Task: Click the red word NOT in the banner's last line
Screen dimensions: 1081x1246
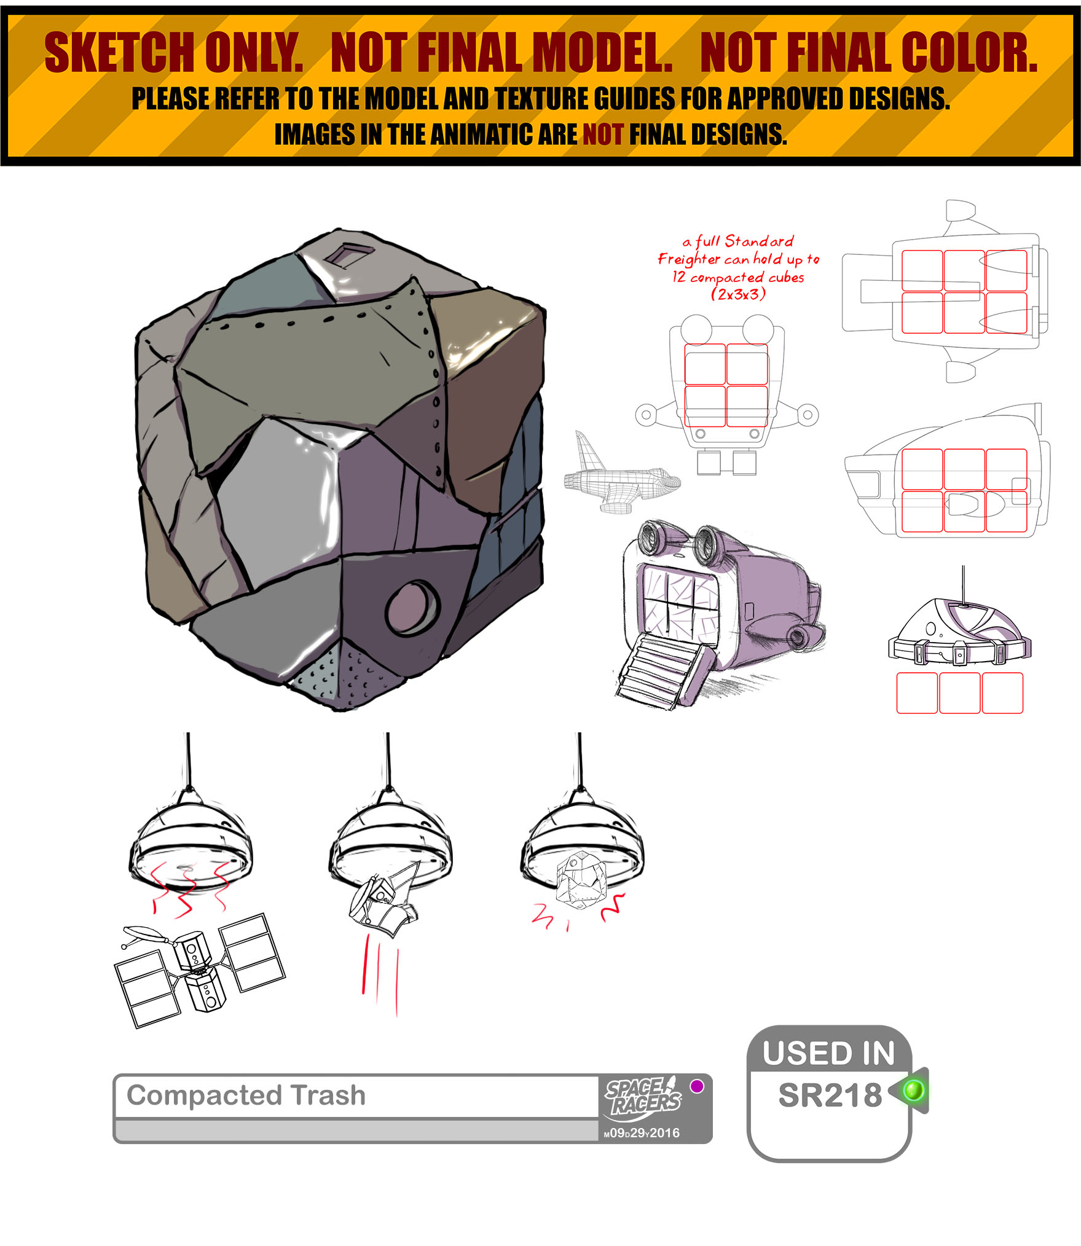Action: pyautogui.click(x=602, y=134)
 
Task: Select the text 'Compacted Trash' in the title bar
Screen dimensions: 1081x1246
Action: pyautogui.click(x=246, y=1094)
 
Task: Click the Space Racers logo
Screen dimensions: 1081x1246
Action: pyautogui.click(x=643, y=1098)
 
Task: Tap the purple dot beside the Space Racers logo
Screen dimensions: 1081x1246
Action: pyautogui.click(x=697, y=1086)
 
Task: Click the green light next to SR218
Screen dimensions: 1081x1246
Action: pyautogui.click(x=913, y=1091)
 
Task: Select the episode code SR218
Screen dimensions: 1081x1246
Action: pyautogui.click(x=830, y=1095)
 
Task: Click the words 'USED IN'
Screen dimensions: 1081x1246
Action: pyautogui.click(x=828, y=1053)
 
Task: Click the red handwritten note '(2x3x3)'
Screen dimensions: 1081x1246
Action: pyautogui.click(x=738, y=294)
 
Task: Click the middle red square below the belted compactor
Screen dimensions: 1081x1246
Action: pyautogui.click(x=959, y=693)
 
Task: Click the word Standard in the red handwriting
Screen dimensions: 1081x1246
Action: pyautogui.click(x=759, y=241)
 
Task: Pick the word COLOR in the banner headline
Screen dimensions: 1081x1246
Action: pyautogui.click(x=969, y=53)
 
